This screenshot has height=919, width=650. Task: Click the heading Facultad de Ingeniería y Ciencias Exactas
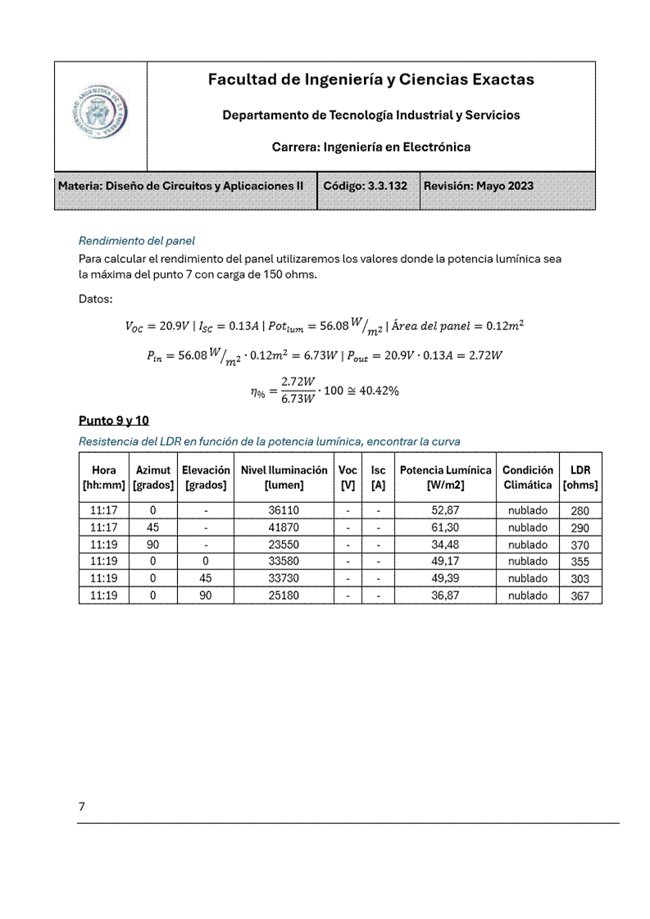pyautogui.click(x=370, y=79)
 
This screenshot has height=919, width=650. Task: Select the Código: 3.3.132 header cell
pyautogui.click(x=366, y=186)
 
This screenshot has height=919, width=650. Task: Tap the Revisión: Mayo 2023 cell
pyautogui.click(x=478, y=186)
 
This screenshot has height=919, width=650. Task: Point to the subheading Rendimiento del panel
pyautogui.click(x=137, y=241)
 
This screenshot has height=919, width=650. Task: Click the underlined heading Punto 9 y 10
pyautogui.click(x=114, y=421)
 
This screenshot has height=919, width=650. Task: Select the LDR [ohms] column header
pyautogui.click(x=580, y=478)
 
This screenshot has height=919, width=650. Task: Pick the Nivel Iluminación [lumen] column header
pyautogui.click(x=284, y=478)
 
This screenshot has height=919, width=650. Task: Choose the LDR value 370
pyautogui.click(x=580, y=546)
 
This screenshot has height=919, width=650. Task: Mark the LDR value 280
pyautogui.click(x=580, y=511)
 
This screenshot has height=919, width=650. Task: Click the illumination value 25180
pyautogui.click(x=284, y=596)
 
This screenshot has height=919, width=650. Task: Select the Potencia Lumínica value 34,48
pyautogui.click(x=445, y=546)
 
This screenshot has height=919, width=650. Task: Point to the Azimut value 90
pyautogui.click(x=153, y=546)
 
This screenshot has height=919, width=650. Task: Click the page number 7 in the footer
pyautogui.click(x=82, y=807)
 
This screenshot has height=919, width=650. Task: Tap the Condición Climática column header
pyautogui.click(x=527, y=478)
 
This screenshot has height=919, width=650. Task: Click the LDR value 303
pyautogui.click(x=580, y=579)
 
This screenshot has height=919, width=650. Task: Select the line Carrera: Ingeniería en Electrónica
pyautogui.click(x=370, y=147)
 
